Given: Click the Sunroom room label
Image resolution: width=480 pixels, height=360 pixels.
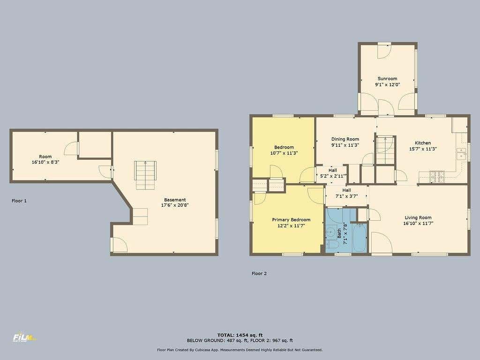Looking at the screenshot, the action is pyautogui.click(x=387, y=79).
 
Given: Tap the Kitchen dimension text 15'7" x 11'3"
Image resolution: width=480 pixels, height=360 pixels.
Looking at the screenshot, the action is pyautogui.click(x=423, y=149).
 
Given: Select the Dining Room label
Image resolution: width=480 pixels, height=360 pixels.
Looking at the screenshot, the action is pyautogui.click(x=345, y=139).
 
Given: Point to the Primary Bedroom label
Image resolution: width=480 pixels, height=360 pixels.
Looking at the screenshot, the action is pyautogui.click(x=291, y=220).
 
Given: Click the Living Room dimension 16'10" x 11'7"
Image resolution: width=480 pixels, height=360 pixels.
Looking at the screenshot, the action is pyautogui.click(x=418, y=224).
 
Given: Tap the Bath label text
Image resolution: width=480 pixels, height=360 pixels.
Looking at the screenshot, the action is pyautogui.click(x=339, y=233).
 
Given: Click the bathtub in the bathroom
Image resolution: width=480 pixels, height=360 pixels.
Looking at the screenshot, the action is pyautogui.click(x=360, y=238).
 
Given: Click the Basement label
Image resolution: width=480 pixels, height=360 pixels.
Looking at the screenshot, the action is pyautogui.click(x=175, y=200).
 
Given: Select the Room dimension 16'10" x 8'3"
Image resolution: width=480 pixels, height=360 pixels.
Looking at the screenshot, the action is pyautogui.click(x=45, y=162).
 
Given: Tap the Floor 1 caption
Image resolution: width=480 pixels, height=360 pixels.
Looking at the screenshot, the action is pyautogui.click(x=19, y=201).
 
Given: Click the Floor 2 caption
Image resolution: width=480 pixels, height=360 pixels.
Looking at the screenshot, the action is pyautogui.click(x=259, y=273).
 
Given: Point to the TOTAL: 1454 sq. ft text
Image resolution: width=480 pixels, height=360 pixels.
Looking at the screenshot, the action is pyautogui.click(x=240, y=335).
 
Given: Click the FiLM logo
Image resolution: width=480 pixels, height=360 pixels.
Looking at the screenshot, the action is pyautogui.click(x=24, y=337).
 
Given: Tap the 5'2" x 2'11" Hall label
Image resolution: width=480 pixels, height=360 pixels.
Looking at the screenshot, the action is pyautogui.click(x=333, y=176).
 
